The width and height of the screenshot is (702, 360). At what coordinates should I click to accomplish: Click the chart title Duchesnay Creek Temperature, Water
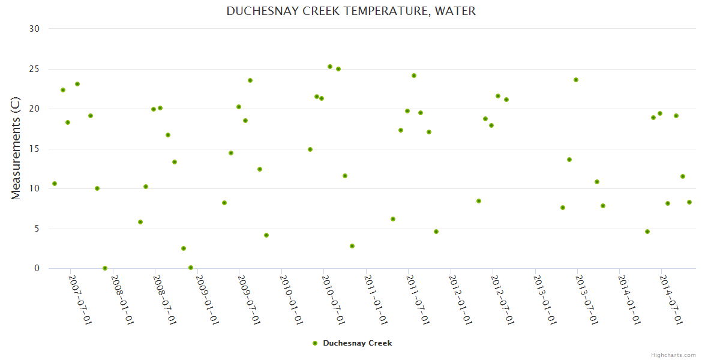pos(351,11)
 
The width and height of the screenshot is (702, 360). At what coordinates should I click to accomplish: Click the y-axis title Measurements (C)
pos(16,148)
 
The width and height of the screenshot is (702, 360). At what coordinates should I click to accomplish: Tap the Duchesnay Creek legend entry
pos(353,343)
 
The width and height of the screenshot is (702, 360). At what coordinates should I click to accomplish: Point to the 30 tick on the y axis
pos(34,29)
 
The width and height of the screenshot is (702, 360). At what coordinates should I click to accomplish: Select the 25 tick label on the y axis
pos(34,69)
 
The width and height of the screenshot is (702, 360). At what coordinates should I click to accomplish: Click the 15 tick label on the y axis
pos(34,149)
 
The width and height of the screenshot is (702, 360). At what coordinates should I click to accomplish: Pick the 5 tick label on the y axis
pos(37,229)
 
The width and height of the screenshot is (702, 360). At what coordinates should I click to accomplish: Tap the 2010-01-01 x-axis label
pos(292,299)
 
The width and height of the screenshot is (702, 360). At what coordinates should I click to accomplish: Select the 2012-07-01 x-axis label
pos(503,299)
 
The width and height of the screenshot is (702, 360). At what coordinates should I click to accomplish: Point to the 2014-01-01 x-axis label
pos(629,299)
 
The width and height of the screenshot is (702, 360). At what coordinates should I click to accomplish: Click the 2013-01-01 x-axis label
pos(545,299)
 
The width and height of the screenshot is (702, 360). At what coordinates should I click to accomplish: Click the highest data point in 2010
pos(330,67)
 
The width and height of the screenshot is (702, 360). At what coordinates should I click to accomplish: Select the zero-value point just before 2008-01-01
pos(105,268)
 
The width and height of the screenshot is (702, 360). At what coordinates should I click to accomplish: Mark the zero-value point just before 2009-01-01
pos(191,268)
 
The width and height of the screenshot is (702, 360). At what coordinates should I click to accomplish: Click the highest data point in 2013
pos(576,80)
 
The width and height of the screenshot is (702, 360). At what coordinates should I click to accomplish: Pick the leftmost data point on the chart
pos(55,184)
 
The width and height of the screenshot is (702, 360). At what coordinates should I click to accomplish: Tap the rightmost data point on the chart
pos(689,202)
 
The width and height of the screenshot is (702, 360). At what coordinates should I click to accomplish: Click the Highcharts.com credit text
pos(673,355)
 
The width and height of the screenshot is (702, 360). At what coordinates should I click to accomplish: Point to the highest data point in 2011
pos(414,76)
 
